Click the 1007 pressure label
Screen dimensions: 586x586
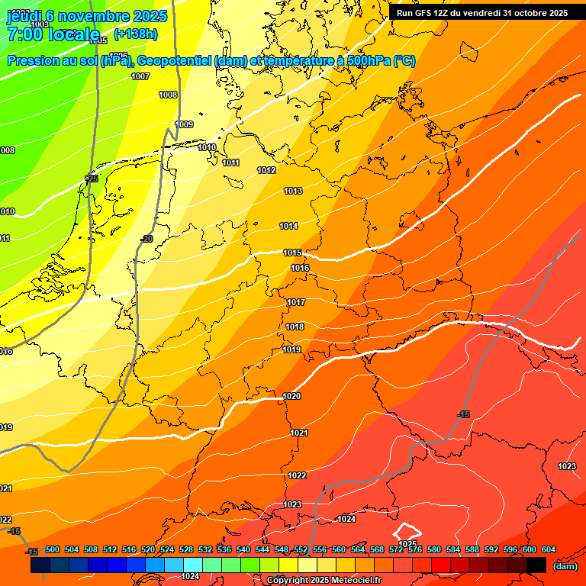(x=140, y=76)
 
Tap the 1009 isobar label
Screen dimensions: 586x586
(x=185, y=124)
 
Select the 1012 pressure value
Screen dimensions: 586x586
(x=266, y=170)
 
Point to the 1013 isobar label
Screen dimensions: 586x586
(x=293, y=191)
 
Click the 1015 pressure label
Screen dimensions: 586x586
(x=292, y=253)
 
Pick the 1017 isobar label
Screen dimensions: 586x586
(x=296, y=303)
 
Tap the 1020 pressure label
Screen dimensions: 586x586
(x=291, y=396)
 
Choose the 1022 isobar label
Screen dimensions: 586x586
(x=297, y=475)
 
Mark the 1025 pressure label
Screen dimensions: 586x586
(x=408, y=544)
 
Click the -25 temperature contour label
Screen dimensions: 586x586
(x=92, y=179)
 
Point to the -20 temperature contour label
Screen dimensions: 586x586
(x=146, y=239)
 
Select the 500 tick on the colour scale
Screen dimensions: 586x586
(x=53, y=549)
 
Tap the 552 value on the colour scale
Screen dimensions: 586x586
(x=301, y=549)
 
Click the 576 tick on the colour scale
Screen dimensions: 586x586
(x=415, y=549)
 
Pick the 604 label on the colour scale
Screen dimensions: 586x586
(x=548, y=549)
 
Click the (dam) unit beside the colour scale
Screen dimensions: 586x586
(x=565, y=566)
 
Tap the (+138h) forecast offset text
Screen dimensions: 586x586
(x=136, y=34)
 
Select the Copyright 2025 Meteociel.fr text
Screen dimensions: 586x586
(x=324, y=581)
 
